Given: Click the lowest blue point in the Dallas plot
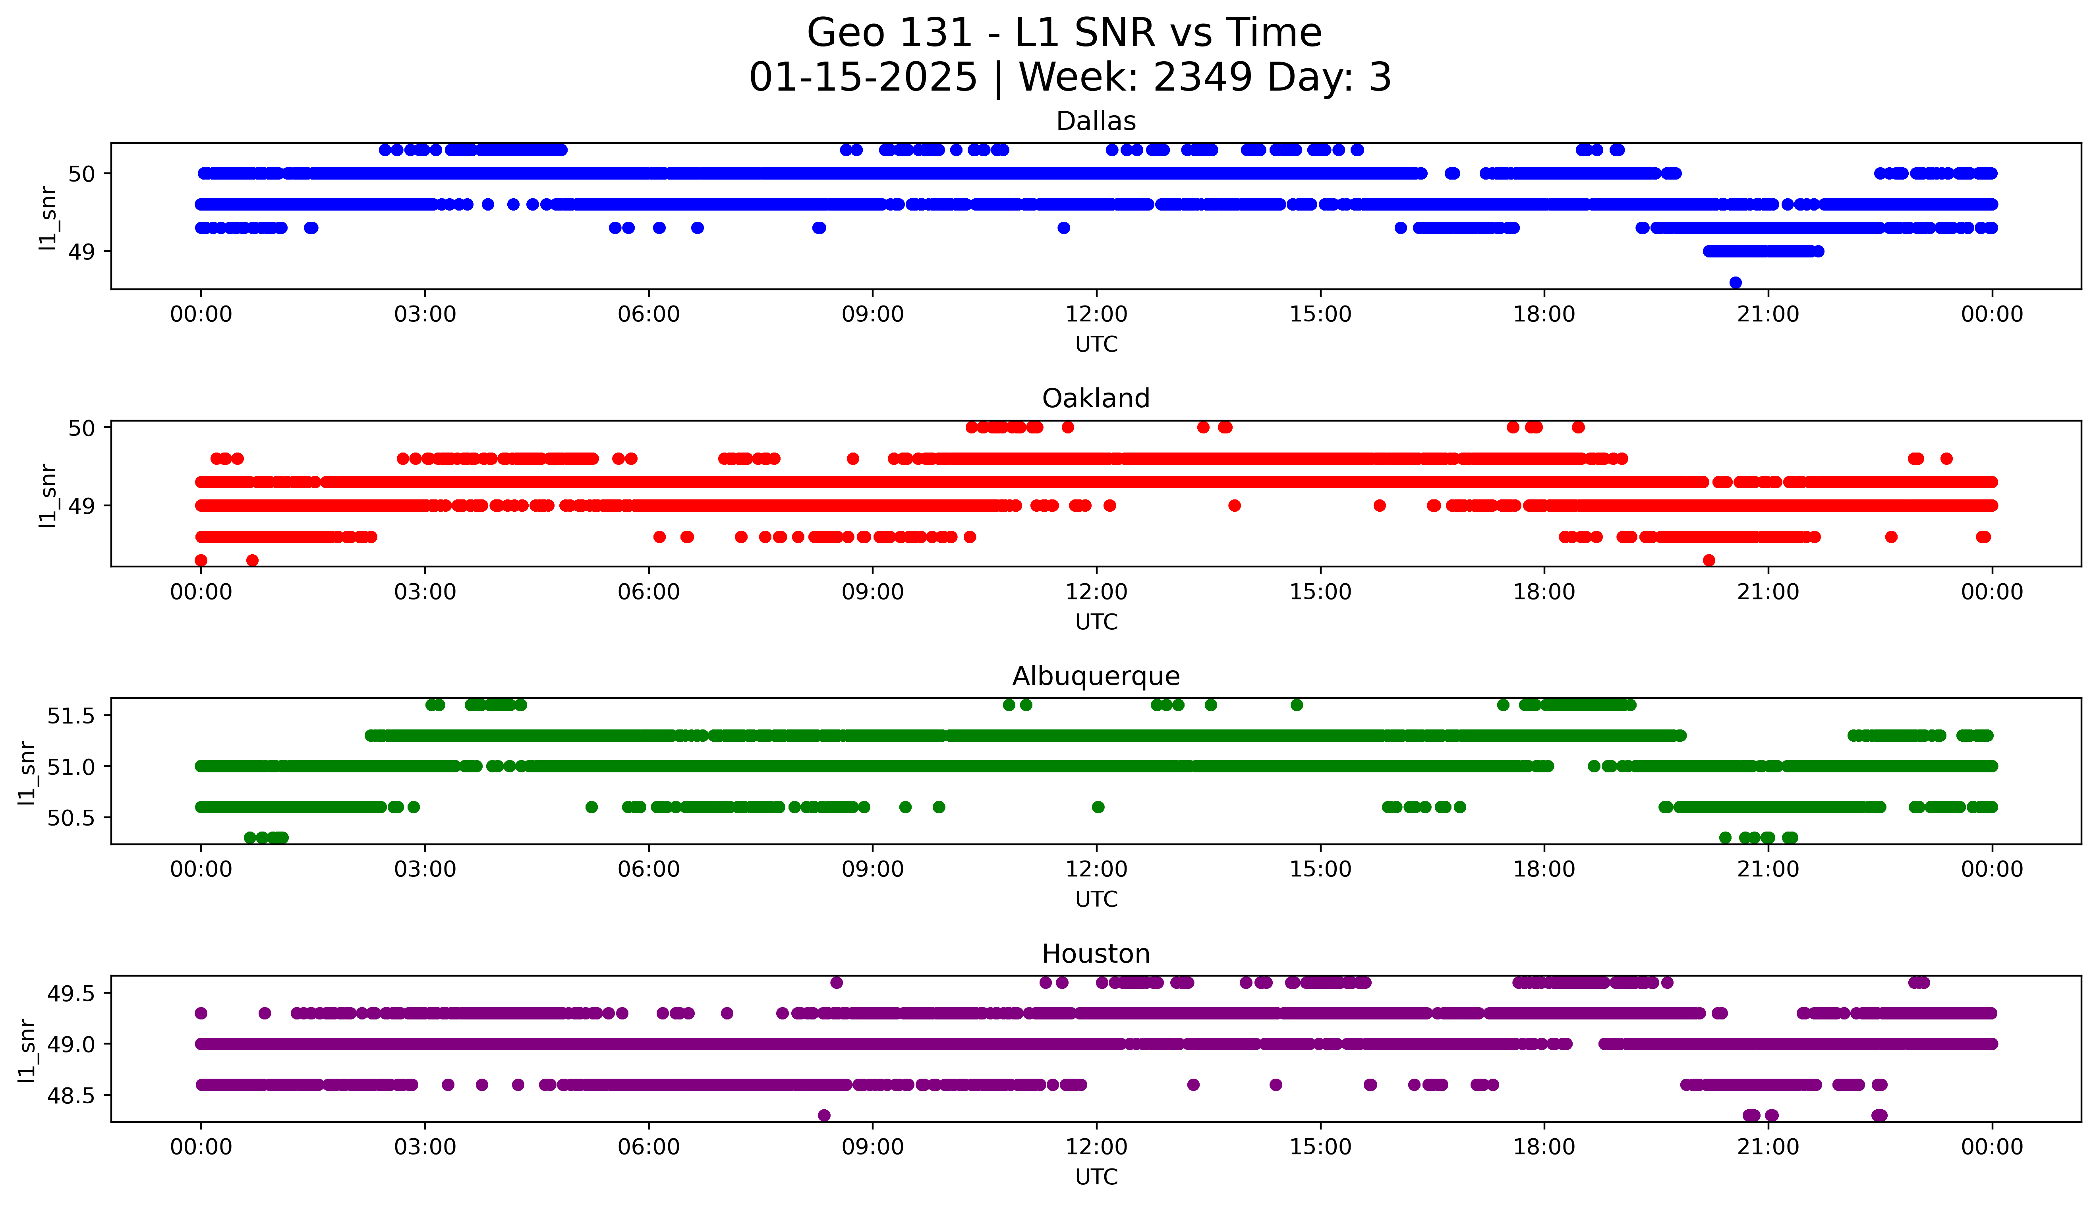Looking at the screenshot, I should [x=1736, y=283].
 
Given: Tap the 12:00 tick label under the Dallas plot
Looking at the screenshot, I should [x=1096, y=315].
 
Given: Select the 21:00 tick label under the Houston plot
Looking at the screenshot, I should [x=1768, y=1147].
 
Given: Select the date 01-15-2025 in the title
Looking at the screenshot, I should [x=863, y=78].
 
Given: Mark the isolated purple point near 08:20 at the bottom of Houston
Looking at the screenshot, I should [x=824, y=1116].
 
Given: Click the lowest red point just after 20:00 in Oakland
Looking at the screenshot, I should [x=1709, y=560].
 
